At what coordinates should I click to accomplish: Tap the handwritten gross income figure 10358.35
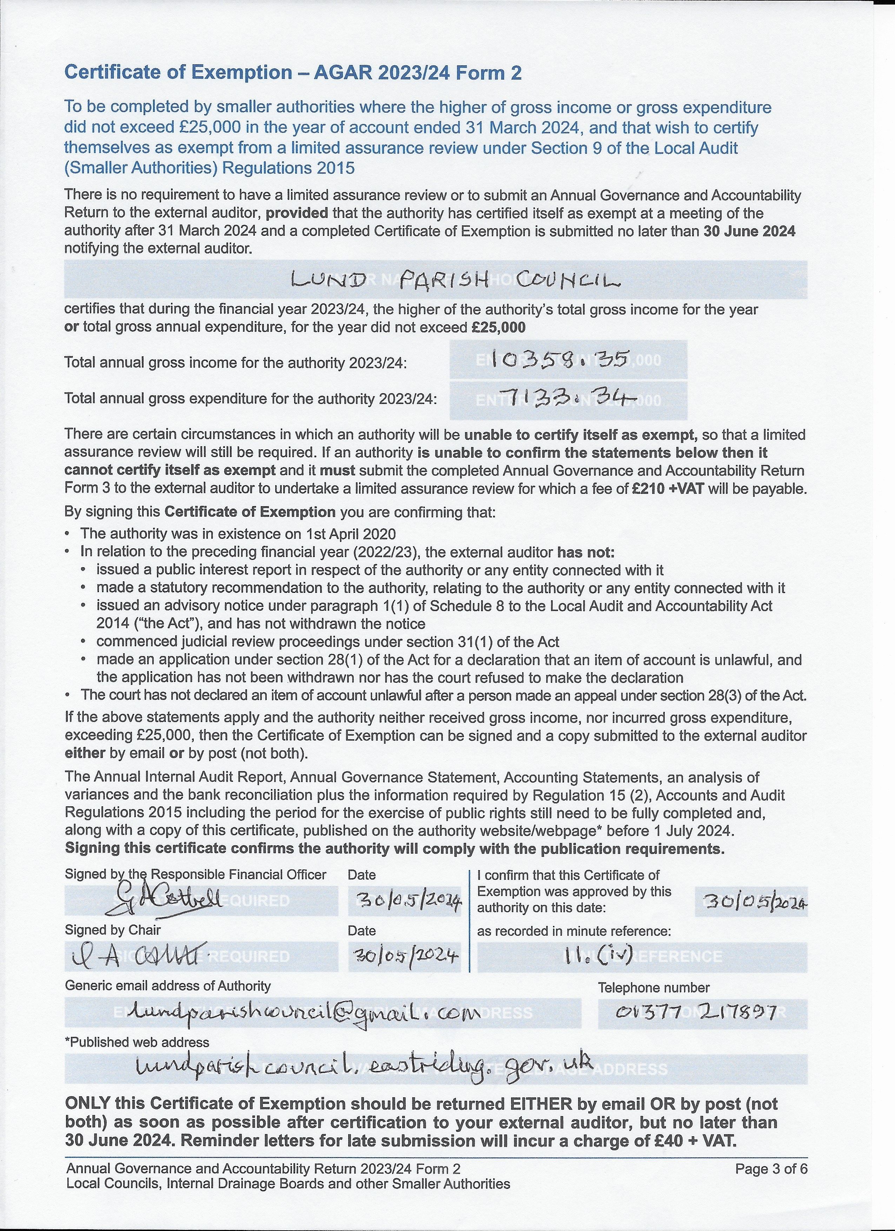pos(561,359)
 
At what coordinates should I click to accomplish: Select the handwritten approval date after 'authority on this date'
pos(752,901)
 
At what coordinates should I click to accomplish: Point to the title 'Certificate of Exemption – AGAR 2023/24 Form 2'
pos(293,72)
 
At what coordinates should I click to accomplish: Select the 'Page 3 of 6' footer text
pos(771,1169)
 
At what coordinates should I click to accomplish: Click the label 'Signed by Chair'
pos(113,930)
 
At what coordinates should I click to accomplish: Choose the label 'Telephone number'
pos(654,987)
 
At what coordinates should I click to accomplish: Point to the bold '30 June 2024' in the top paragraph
pos(749,231)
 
